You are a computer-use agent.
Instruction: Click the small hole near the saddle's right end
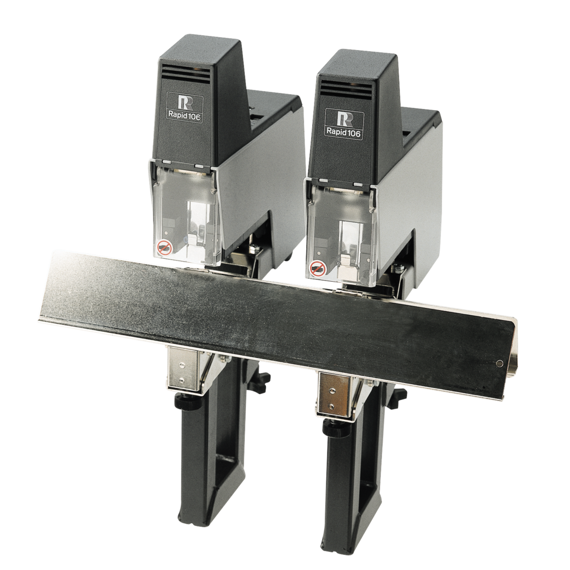499,364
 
